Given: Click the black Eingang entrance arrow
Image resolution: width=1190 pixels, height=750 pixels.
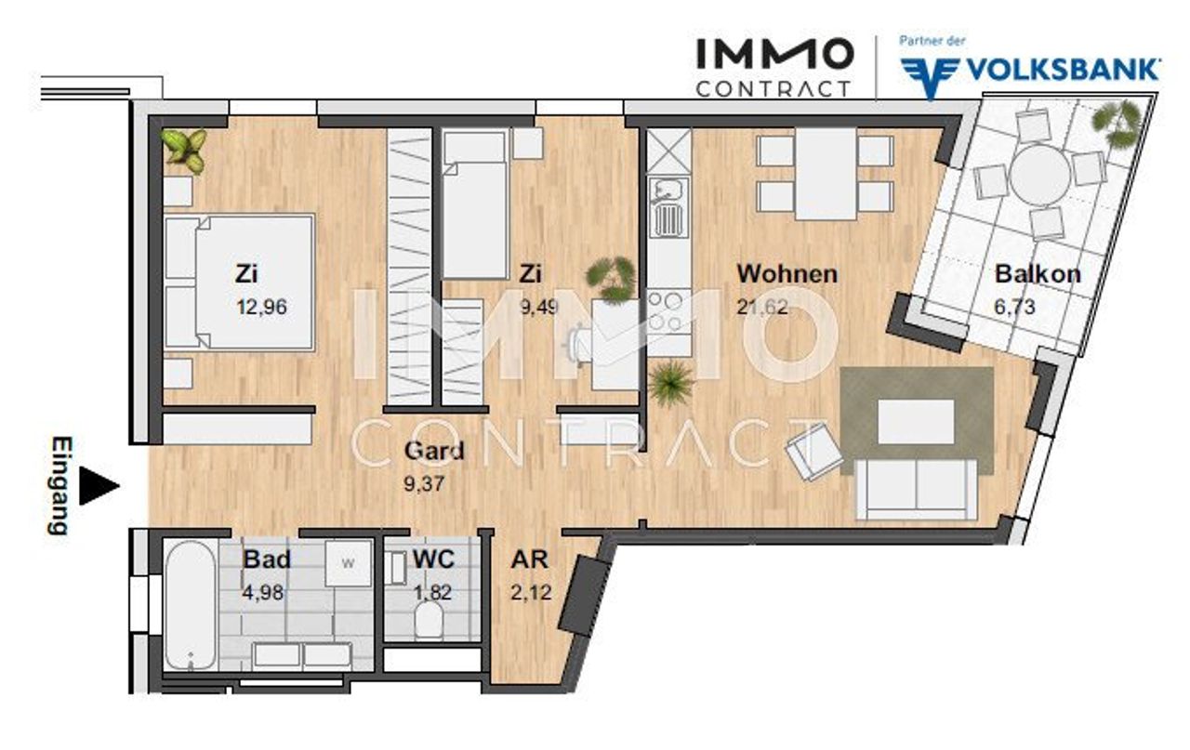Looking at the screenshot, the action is click(x=99, y=485).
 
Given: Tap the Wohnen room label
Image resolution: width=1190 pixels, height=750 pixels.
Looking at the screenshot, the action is click(x=787, y=274).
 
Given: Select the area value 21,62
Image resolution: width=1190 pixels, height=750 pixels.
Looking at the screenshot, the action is click(x=761, y=307).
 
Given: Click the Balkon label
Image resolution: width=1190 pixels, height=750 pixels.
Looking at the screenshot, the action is click(x=1038, y=274).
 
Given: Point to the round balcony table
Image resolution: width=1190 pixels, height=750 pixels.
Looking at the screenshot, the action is click(x=1039, y=176).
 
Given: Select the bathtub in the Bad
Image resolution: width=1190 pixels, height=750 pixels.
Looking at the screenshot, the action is click(x=191, y=606).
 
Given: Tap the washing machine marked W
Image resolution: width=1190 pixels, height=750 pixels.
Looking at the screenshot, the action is click(x=348, y=563).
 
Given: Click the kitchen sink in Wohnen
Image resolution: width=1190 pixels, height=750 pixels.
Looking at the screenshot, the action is click(x=668, y=207).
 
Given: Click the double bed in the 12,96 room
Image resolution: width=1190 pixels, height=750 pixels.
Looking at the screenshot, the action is click(x=239, y=282).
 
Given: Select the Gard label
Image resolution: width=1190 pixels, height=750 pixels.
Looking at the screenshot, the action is click(x=434, y=451).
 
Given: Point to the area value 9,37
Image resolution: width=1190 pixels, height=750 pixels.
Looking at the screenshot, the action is click(x=424, y=484).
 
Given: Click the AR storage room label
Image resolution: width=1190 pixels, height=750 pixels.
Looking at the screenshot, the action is click(x=529, y=559).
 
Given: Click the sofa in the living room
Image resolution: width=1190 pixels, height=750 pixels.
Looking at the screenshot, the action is click(x=916, y=489).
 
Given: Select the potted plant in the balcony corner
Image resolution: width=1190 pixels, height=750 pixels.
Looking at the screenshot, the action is click(x=1117, y=123).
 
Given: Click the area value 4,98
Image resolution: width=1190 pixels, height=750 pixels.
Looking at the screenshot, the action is click(x=262, y=592).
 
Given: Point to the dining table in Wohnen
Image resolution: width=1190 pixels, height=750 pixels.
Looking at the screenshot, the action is click(x=826, y=174).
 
